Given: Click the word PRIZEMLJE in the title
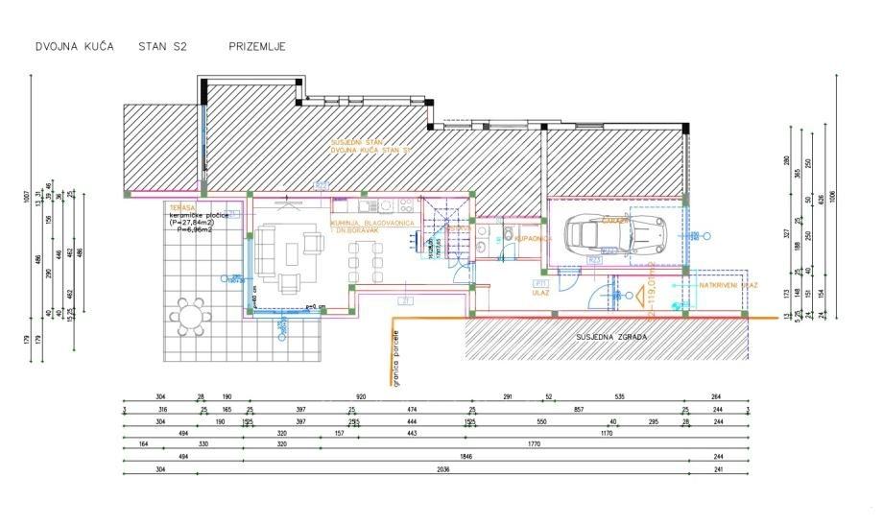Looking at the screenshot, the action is coord(256,46).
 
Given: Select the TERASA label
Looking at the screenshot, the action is coord(182,207).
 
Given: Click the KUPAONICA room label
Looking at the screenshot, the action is coord(532,237).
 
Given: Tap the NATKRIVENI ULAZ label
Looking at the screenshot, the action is coord(729,286).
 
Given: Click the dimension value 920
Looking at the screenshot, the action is coord(361,395).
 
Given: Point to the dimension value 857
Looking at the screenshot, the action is coord(579,409).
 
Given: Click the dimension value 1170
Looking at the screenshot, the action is coord(606,433).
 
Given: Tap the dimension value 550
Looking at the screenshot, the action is coord(541,421).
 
